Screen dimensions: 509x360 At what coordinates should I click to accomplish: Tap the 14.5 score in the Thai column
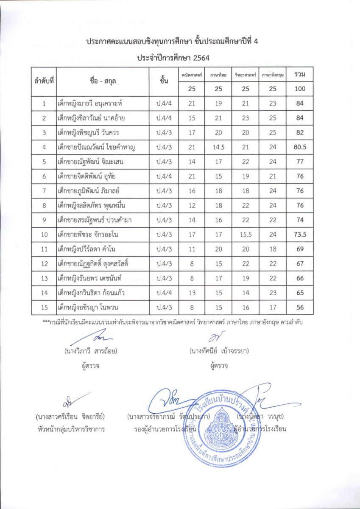[x=218, y=147]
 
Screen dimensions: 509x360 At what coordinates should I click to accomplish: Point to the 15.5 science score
[x=246, y=235]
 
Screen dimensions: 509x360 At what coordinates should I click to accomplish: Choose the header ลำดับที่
[x=44, y=81]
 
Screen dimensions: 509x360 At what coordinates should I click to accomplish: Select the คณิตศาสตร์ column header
[x=192, y=75]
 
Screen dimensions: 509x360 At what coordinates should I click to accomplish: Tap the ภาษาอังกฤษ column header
[x=273, y=75]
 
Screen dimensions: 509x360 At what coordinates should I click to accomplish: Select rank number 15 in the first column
[x=44, y=308]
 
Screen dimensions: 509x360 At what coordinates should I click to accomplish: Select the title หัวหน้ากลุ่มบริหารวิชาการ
[x=71, y=429]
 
